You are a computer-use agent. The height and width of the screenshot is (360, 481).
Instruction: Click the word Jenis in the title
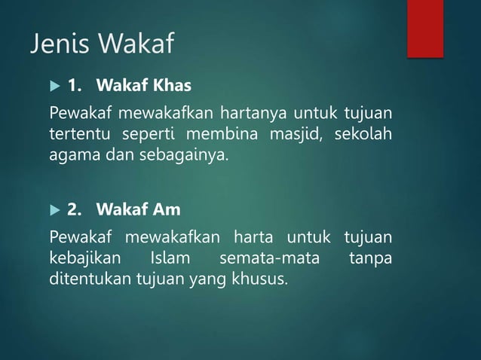57,44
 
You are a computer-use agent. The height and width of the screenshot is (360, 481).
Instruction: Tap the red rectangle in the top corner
425,28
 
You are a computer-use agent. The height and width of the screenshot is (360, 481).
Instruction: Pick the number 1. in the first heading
75,86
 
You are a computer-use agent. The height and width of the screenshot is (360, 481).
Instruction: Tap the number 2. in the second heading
75,208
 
